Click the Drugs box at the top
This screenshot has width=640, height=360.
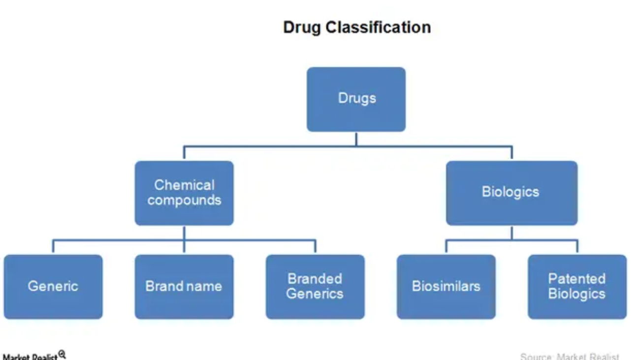tap(356, 99)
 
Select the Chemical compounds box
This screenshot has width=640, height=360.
tap(184, 193)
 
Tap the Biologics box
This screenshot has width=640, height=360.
tap(511, 193)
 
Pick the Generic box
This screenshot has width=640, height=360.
tap(53, 286)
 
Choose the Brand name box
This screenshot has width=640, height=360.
tap(184, 286)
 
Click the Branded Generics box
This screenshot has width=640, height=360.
tap(315, 286)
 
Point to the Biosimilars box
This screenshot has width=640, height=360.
tap(446, 286)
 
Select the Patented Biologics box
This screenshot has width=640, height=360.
tap(577, 286)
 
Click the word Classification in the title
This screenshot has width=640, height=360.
tap(379, 27)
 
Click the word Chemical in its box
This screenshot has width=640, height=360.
tap(184, 185)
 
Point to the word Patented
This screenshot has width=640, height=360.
tap(576, 279)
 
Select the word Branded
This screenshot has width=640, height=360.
tap(315, 279)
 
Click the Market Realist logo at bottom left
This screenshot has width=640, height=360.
tap(30, 356)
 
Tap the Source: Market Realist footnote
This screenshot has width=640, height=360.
tap(570, 356)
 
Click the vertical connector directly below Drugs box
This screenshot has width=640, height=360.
tap(356, 139)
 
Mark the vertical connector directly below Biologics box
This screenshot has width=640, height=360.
tap(512, 232)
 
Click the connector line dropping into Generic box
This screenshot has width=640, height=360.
tap(53, 247)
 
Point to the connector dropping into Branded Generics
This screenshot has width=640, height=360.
tap(315, 247)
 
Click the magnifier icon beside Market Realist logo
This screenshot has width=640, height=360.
tap(62, 354)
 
